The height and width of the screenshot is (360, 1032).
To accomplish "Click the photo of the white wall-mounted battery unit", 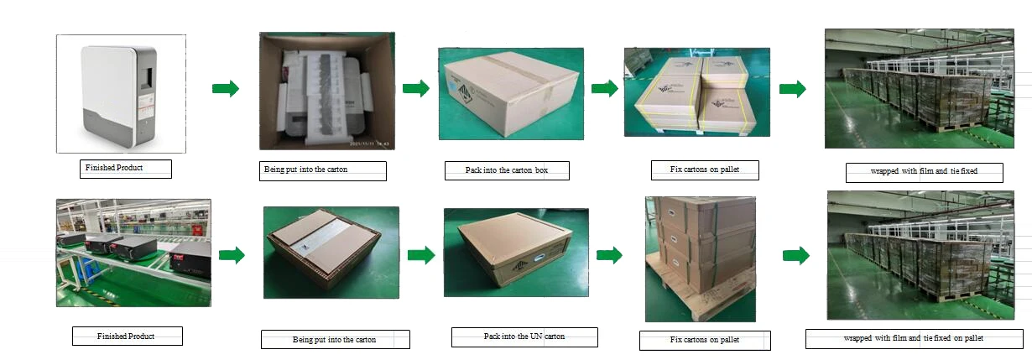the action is point(121,93).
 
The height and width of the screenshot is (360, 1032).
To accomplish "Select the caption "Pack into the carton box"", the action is point(507,170).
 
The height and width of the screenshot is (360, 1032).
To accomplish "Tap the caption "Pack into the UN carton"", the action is point(524,337).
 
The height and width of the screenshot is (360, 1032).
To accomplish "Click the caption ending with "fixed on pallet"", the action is point(913,338).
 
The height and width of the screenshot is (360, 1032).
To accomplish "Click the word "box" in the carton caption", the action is point(542,170).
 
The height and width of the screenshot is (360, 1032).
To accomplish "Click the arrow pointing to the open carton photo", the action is point(225,89).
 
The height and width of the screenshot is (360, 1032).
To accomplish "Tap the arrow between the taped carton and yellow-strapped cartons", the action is point(604,88).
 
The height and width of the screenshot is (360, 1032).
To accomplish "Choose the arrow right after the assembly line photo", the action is point(232,255).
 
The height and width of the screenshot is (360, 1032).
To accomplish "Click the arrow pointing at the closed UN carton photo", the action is point(421,255).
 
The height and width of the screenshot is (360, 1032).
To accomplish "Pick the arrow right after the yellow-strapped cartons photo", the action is point(792,89).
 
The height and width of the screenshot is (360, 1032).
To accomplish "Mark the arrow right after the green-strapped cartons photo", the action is point(796,256).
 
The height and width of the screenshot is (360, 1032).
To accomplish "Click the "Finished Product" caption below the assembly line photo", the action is point(126,336).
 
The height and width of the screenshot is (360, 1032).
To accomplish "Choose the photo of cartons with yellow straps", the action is point(696,91).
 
